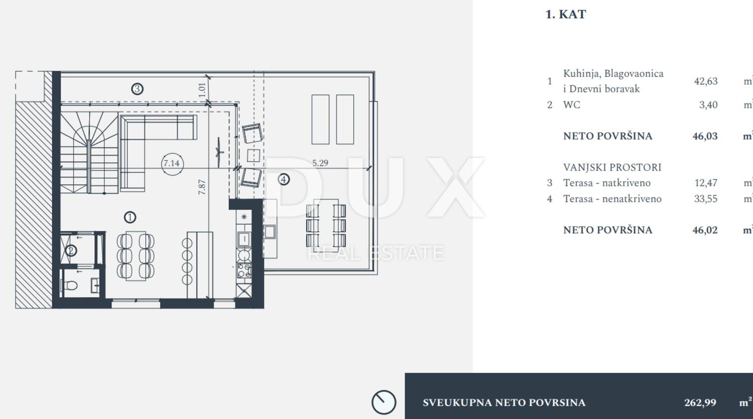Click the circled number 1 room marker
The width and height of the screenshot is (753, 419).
(x=130, y=217)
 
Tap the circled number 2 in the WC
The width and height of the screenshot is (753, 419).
(x=71, y=251)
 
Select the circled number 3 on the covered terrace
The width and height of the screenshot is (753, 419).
(x=137, y=89)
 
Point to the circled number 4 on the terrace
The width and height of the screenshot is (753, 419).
(x=284, y=180)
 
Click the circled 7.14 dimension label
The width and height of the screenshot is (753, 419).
(x=172, y=164)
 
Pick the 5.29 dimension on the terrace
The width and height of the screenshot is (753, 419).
(x=320, y=163)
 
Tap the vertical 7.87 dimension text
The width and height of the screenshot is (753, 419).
(x=202, y=187)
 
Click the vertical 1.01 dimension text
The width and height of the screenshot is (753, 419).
(x=202, y=90)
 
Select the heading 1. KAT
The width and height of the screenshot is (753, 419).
(x=566, y=15)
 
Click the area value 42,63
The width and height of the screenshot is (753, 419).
(x=706, y=81)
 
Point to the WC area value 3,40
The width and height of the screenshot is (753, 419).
(x=708, y=105)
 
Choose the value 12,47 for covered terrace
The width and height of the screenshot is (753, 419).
(x=706, y=183)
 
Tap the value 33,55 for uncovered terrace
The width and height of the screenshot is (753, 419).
(x=706, y=199)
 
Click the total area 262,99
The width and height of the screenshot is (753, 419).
(x=700, y=402)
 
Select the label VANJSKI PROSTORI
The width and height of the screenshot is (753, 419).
(x=612, y=167)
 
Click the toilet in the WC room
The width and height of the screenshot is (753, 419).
(x=70, y=286)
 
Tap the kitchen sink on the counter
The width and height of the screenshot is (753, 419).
(x=244, y=239)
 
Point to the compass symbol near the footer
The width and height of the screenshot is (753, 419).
(x=384, y=402)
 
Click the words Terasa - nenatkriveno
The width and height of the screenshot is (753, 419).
(x=612, y=199)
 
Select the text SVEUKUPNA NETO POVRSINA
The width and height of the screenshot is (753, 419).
(x=504, y=402)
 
